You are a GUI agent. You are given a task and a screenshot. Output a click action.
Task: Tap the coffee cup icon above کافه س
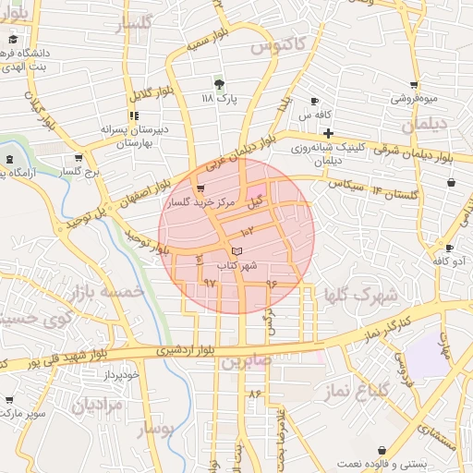coord(315,101)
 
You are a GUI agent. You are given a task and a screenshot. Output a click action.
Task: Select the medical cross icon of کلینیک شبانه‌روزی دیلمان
coord(328,134)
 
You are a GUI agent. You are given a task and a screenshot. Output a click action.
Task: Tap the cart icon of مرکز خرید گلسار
coord(201,188)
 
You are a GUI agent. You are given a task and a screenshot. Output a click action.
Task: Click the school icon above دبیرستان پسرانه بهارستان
coord(134,116)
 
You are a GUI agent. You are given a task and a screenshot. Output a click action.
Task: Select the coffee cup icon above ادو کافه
coord(448,248)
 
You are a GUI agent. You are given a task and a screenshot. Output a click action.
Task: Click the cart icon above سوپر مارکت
coord(9,400)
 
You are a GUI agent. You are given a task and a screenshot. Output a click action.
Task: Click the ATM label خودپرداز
coord(120,374)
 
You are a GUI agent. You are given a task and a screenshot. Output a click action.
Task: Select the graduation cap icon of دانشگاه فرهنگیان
coord(13,41)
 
